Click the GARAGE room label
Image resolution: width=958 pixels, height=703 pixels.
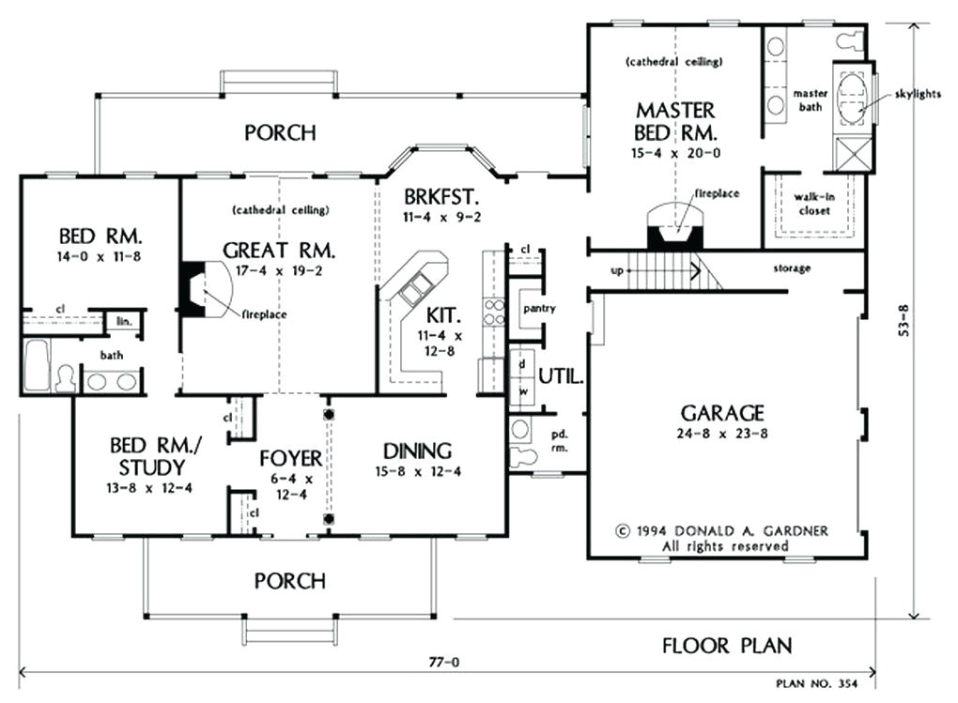click(722, 413)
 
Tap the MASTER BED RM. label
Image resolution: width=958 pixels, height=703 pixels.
click(675, 120)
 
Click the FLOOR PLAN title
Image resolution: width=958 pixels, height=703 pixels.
click(726, 646)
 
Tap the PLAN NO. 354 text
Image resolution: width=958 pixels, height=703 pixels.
click(816, 684)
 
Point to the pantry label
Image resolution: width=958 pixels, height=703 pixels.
click(541, 308)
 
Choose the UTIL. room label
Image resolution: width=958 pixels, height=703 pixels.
click(562, 378)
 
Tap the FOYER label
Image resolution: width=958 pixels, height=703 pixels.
click(290, 459)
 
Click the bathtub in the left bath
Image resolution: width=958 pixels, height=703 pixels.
click(38, 365)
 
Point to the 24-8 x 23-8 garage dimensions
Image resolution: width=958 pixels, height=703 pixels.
click(722, 435)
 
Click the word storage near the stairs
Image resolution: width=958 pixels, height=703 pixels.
click(792, 268)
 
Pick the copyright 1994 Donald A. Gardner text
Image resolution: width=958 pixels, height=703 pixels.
click(722, 530)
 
